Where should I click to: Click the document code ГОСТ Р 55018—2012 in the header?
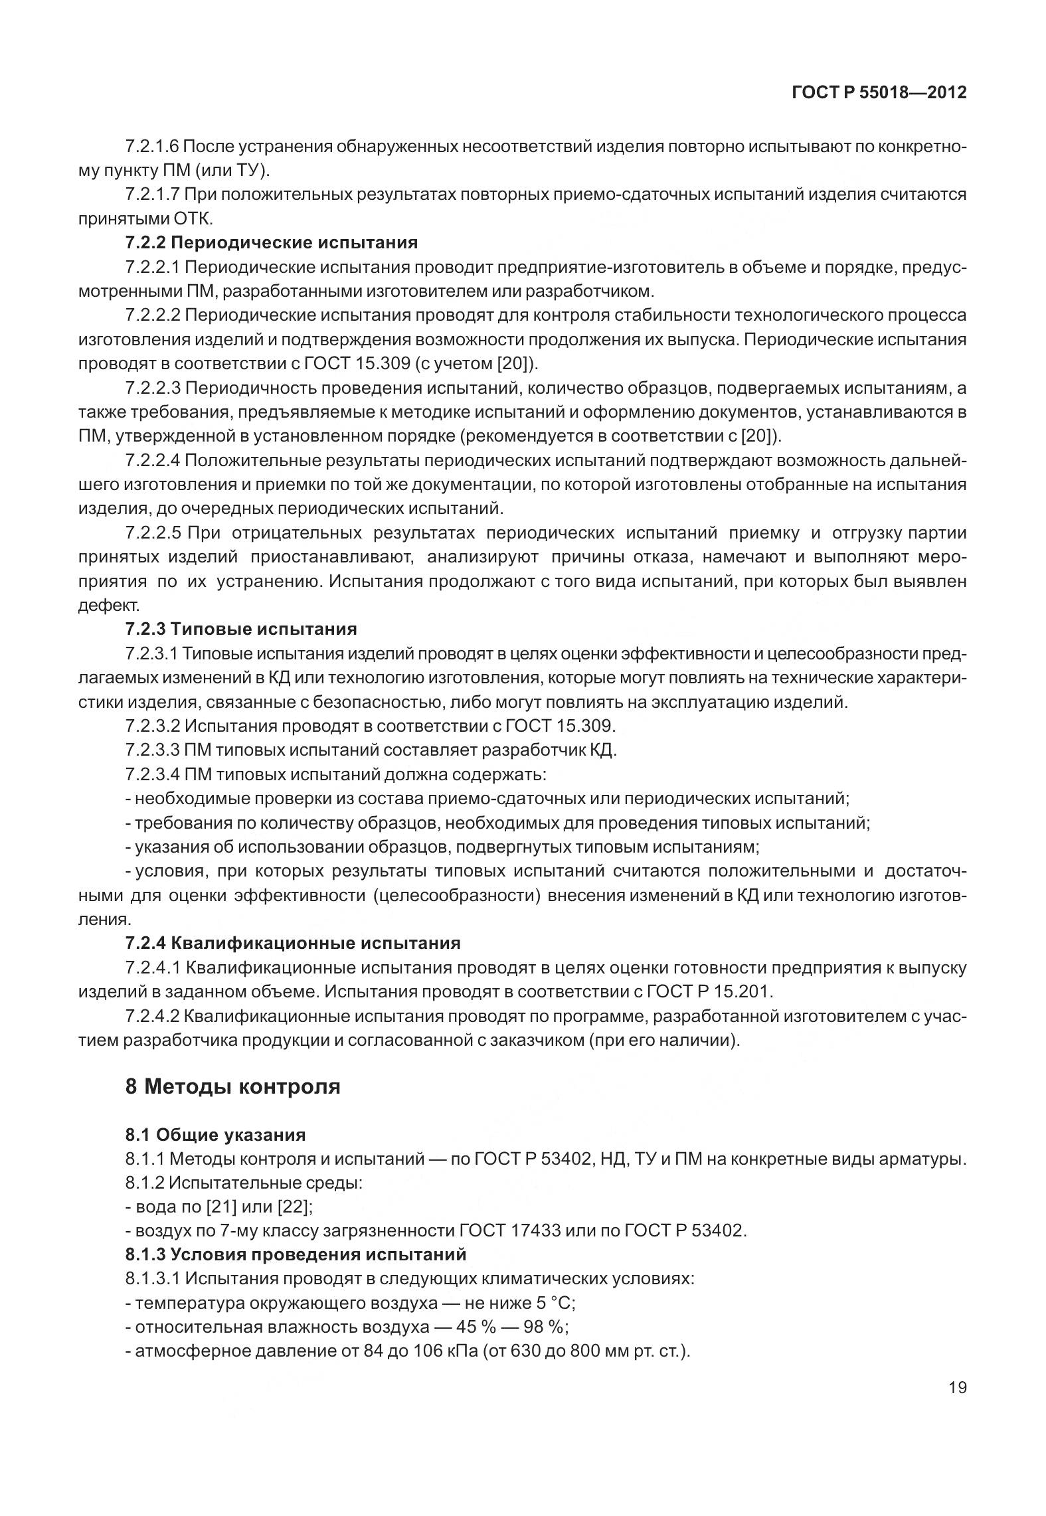tap(879, 93)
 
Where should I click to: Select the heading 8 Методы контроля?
tap(232, 1087)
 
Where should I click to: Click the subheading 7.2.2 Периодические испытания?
tap(271, 242)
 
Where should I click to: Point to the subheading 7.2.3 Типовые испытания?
tap(240, 629)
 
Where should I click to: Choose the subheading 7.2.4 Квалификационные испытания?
tap(292, 943)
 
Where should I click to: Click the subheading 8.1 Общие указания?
tap(215, 1134)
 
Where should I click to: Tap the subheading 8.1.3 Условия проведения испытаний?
tap(296, 1254)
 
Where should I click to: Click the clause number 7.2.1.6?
tap(152, 146)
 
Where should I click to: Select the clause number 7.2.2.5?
tap(152, 533)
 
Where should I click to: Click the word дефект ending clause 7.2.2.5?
tap(108, 605)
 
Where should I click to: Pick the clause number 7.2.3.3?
tap(152, 750)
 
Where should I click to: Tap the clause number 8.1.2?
tap(144, 1183)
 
